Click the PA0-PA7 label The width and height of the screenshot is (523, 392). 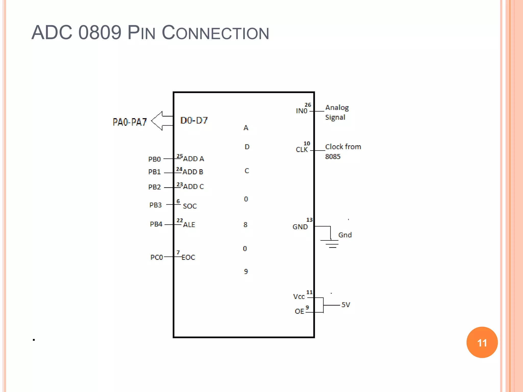point(130,122)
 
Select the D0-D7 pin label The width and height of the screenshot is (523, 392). point(194,120)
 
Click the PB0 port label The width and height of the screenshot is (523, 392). point(154,159)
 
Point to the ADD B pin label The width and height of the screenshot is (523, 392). point(193,172)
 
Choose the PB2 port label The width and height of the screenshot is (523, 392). point(154,187)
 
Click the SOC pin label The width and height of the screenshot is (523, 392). point(190,206)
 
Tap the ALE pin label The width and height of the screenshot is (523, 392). point(189,225)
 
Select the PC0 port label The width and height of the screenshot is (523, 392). point(157,257)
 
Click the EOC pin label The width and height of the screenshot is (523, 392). point(188,258)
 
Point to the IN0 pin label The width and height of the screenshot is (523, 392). point(302,111)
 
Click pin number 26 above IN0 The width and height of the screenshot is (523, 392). point(308,105)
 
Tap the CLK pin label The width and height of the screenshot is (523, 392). point(302,150)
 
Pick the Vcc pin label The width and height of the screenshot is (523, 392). point(299,297)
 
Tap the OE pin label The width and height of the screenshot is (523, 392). point(299,311)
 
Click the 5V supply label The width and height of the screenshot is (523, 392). point(346,305)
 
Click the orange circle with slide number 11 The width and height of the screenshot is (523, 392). point(482,342)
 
